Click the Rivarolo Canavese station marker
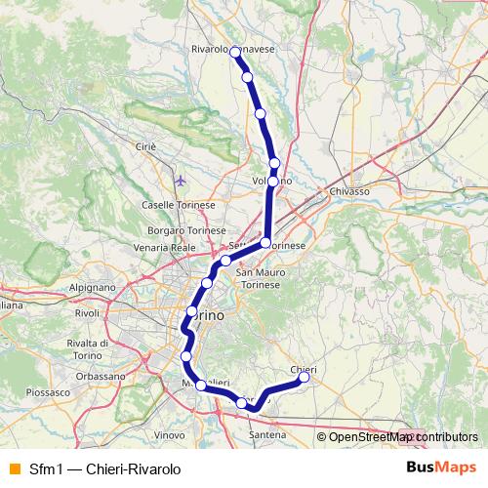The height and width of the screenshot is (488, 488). coord(235,52)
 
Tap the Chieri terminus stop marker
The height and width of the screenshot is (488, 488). coord(304,379)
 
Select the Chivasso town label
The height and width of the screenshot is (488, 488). coord(349,191)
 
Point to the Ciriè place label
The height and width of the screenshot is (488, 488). coord(145,146)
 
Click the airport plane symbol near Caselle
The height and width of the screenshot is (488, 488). coord(182,181)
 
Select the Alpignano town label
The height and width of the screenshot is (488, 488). coord(93,288)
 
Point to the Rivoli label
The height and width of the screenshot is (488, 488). coord(87,313)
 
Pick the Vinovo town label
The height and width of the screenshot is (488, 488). coord(170,434)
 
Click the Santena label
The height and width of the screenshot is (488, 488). coord(266,432)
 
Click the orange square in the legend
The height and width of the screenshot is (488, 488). coord(13,468)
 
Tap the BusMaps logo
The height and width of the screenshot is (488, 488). coord(441,468)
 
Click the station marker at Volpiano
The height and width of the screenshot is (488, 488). coord(274,163)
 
